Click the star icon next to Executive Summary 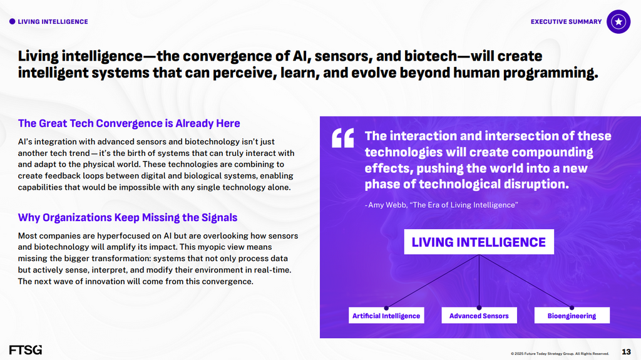(618, 22)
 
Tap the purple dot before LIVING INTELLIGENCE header (13, 22)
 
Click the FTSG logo (25, 350)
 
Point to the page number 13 (626, 352)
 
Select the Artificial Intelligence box (386, 316)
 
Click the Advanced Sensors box (479, 316)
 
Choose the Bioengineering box (572, 316)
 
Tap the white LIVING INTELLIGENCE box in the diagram (479, 242)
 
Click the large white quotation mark (342, 138)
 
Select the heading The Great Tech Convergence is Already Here (129, 123)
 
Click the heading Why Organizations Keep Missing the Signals (128, 218)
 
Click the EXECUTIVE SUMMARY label (566, 22)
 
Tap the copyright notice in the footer (560, 354)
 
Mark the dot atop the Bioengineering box (572, 307)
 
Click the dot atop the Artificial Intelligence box (386, 307)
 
